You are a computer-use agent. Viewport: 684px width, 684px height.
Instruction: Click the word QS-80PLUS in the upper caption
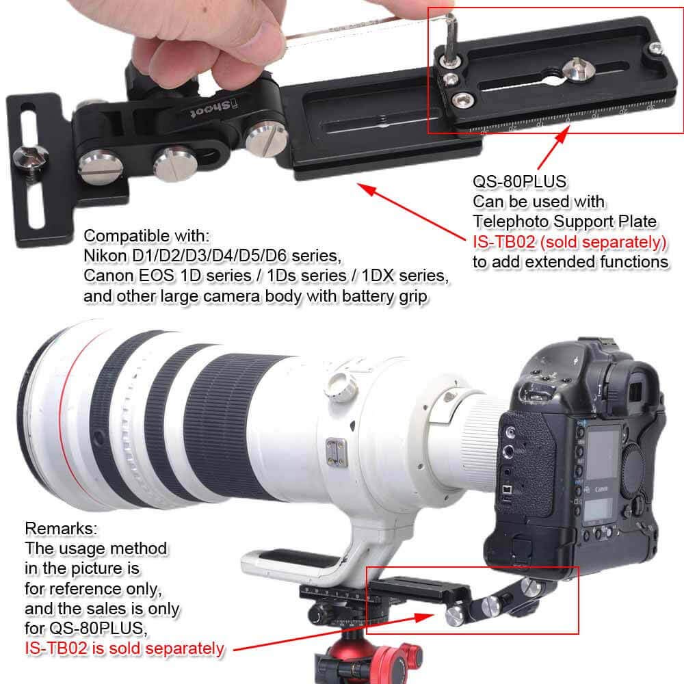tap(510, 183)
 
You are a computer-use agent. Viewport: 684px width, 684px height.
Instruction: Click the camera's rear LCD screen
tap(603, 451)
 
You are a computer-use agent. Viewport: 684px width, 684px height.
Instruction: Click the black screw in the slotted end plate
tap(31, 155)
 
